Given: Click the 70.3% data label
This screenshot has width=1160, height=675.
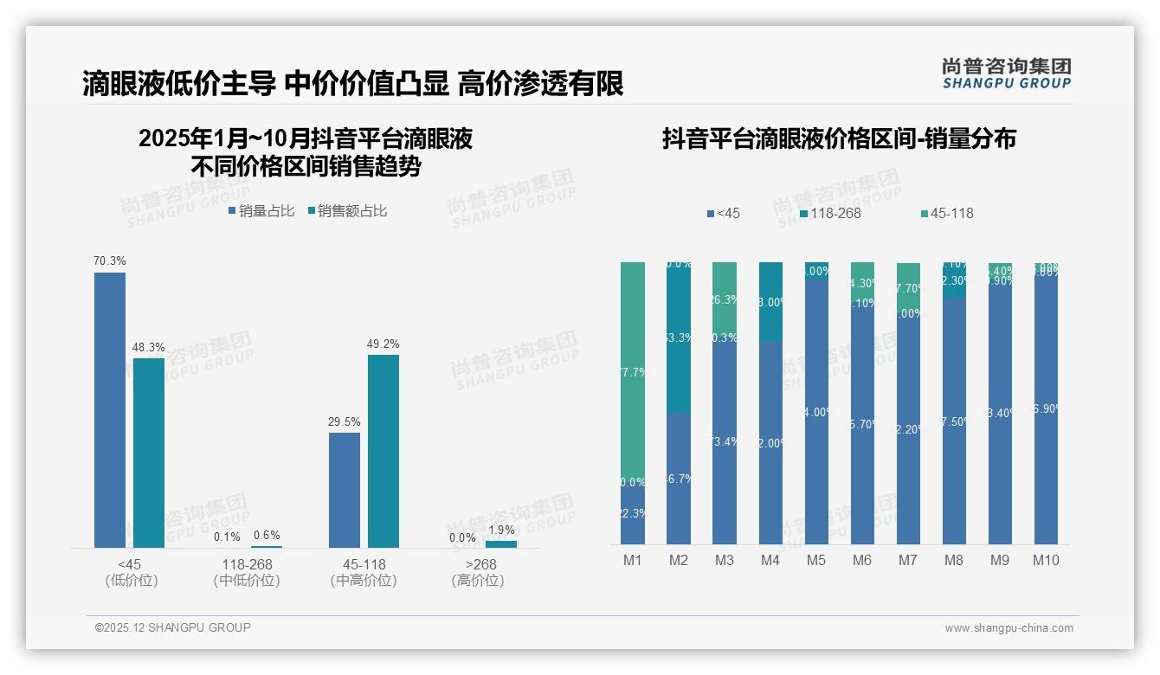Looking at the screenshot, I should pyautogui.click(x=110, y=260).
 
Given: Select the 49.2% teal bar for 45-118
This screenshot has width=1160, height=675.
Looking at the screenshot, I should pyautogui.click(x=383, y=450).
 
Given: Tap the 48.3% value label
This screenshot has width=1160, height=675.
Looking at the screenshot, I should pyautogui.click(x=149, y=347).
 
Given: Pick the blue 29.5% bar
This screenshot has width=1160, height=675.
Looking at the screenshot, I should pyautogui.click(x=345, y=490).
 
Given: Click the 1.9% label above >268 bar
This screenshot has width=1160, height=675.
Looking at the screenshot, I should pyautogui.click(x=501, y=530).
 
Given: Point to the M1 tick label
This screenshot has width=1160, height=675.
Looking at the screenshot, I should pyautogui.click(x=633, y=560).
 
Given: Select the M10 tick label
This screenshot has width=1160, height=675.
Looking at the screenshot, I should pyautogui.click(x=1046, y=560).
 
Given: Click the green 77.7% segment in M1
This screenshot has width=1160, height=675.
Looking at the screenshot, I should pyautogui.click(x=633, y=372).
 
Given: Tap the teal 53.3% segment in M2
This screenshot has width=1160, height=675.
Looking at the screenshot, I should pyautogui.click(x=679, y=337).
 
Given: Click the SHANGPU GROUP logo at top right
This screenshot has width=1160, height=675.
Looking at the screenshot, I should pyautogui.click(x=1007, y=74).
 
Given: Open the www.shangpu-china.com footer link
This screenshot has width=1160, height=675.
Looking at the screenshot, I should pyautogui.click(x=1009, y=628).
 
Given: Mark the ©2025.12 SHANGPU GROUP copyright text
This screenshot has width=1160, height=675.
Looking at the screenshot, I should pyautogui.click(x=173, y=627).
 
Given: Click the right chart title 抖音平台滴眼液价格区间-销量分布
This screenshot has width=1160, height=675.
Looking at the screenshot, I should pyautogui.click(x=839, y=138).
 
